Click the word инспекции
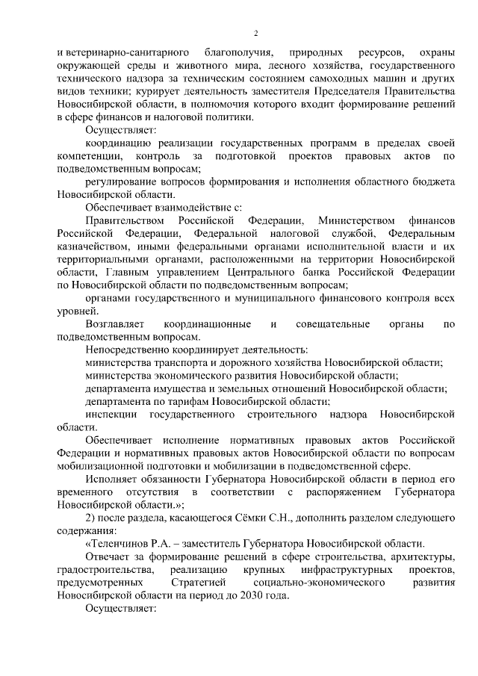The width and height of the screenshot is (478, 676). [x=110, y=414]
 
